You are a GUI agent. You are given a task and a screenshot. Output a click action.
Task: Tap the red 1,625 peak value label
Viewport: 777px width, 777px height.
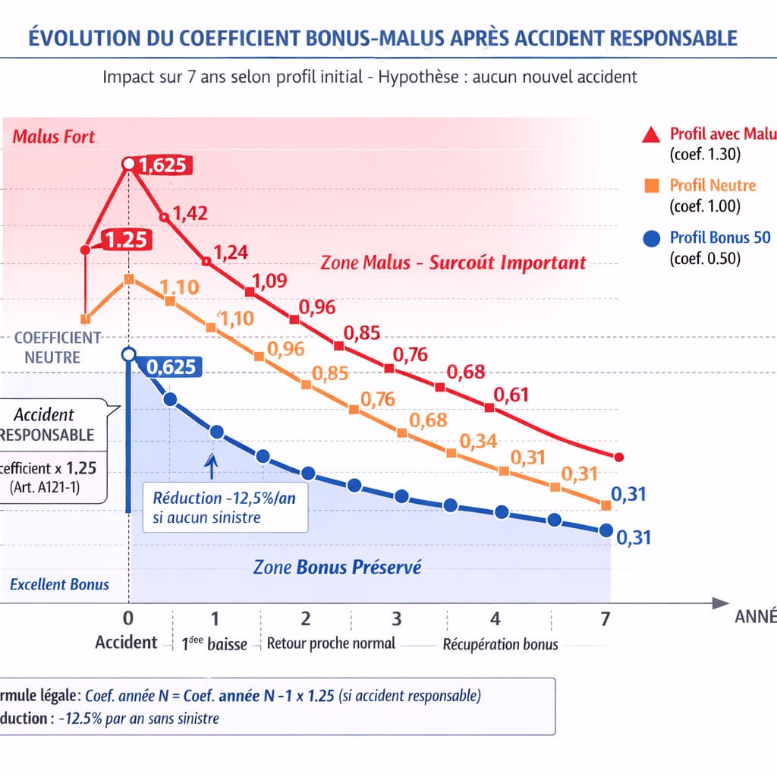(163, 165)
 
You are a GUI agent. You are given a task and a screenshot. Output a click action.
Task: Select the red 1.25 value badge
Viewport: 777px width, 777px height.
(123, 240)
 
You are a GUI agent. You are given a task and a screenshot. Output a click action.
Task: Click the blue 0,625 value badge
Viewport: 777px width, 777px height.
(171, 367)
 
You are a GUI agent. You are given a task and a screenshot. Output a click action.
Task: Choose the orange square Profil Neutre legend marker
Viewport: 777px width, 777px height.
(650, 185)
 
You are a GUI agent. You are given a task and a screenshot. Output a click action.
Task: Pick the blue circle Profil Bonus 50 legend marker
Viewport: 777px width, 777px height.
(650, 238)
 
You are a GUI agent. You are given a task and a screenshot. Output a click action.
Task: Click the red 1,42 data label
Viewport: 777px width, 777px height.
(190, 213)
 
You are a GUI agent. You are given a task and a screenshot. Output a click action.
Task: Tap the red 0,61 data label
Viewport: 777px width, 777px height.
(511, 395)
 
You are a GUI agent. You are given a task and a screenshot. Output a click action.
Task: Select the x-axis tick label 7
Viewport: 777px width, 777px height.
(605, 619)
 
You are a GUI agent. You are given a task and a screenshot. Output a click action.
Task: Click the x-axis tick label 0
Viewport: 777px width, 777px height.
(128, 617)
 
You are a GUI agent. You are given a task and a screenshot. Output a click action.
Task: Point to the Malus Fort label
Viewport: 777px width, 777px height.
(54, 137)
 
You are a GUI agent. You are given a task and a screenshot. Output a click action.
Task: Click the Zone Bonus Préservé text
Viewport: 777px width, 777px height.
(337, 567)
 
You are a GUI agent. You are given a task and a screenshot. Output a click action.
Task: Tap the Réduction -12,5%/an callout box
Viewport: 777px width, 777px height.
(225, 508)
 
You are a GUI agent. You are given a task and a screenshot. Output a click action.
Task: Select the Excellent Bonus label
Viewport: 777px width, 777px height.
(60, 584)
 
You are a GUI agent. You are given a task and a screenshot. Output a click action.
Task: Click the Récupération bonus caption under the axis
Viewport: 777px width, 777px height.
(500, 644)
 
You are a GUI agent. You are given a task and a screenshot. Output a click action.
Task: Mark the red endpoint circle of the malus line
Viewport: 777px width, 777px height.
(618, 457)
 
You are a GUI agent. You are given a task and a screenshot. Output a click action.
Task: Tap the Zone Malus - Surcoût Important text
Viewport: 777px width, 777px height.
(453, 263)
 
